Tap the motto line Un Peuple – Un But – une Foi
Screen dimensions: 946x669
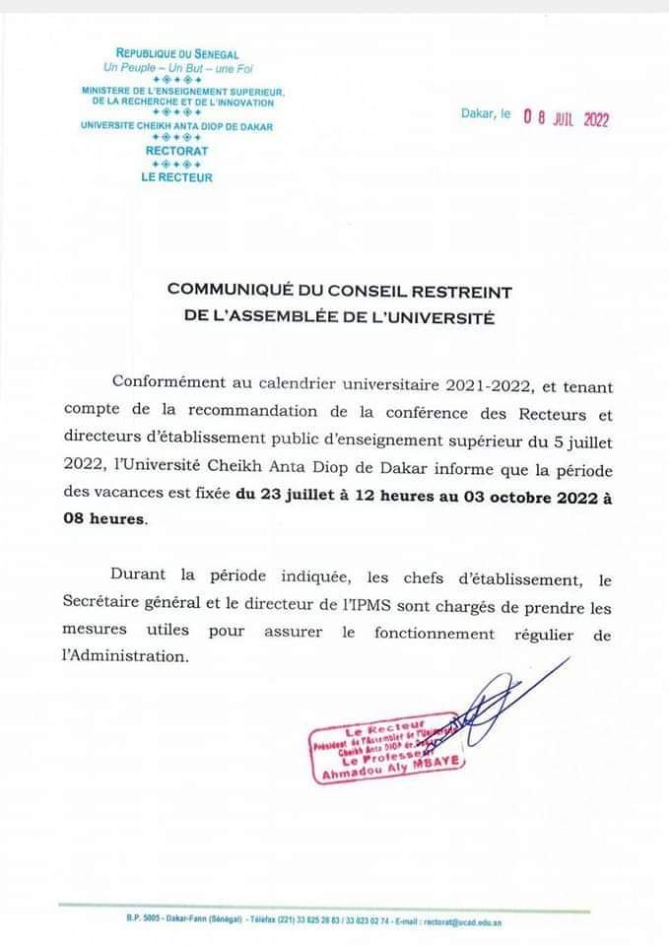177,67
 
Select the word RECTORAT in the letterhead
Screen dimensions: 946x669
177,151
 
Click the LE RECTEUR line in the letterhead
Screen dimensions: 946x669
177,177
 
